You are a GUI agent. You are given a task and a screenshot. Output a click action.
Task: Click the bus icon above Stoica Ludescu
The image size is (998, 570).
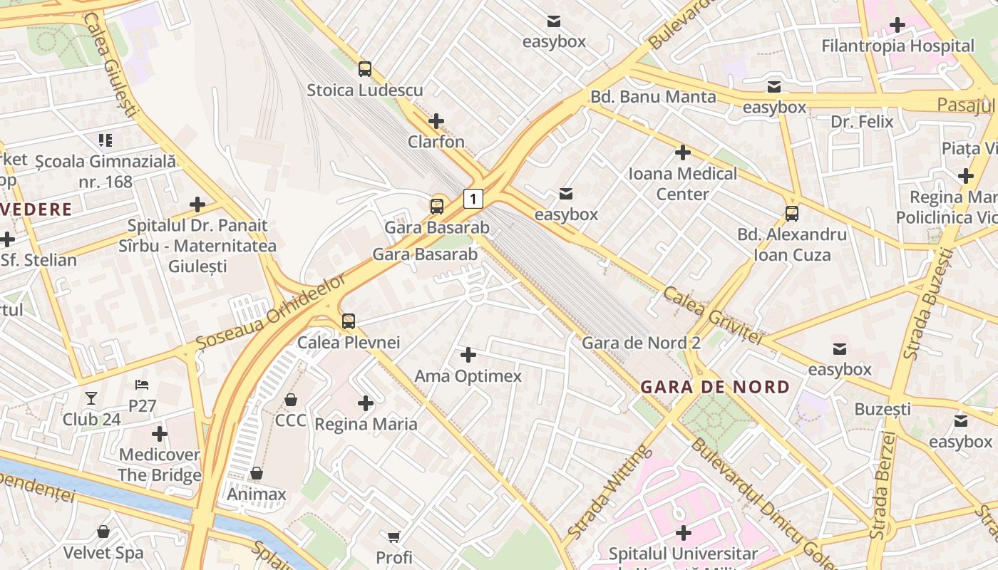[365, 69]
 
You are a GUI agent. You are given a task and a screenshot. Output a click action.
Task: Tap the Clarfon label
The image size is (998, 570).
[436, 142]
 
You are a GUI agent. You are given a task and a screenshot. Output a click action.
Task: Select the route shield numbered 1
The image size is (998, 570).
[473, 198]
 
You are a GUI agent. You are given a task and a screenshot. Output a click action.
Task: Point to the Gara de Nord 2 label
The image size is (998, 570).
[641, 343]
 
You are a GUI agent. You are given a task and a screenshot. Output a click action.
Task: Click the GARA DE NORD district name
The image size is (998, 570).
[715, 387]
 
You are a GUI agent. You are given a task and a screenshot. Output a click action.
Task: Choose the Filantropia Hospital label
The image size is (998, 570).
[897, 46]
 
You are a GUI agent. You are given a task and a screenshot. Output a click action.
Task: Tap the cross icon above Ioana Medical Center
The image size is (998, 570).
[683, 152]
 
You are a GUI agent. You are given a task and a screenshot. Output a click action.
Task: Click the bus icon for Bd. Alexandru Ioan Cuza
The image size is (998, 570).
[791, 213]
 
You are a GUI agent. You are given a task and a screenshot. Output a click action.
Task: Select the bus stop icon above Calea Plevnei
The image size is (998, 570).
[348, 321]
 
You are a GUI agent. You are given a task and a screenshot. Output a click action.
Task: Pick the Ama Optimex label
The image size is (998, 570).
[468, 376]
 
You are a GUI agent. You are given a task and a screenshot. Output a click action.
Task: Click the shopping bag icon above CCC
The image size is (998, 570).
[291, 400]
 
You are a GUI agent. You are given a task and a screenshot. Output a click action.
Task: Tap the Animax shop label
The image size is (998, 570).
[257, 494]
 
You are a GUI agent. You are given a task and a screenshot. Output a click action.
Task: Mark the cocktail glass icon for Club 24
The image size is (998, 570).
[91, 398]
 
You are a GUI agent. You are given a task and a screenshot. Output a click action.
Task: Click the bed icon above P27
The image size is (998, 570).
[142, 385]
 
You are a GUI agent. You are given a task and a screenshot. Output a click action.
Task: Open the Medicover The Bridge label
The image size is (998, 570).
[160, 465]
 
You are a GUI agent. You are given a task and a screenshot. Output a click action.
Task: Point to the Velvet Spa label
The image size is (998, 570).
[103, 552]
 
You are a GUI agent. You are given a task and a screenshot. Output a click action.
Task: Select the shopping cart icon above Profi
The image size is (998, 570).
[394, 536]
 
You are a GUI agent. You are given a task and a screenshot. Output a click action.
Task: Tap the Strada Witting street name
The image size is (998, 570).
[609, 492]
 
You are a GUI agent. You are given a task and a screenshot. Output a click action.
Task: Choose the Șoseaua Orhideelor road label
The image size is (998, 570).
[271, 311]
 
